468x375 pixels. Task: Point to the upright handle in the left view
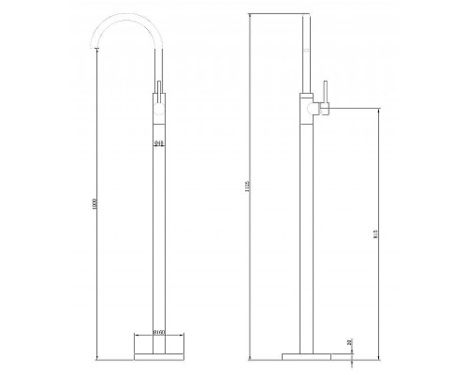click(160, 92)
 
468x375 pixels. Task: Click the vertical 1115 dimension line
click(256, 187)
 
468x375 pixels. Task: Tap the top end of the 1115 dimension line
click(256, 17)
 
